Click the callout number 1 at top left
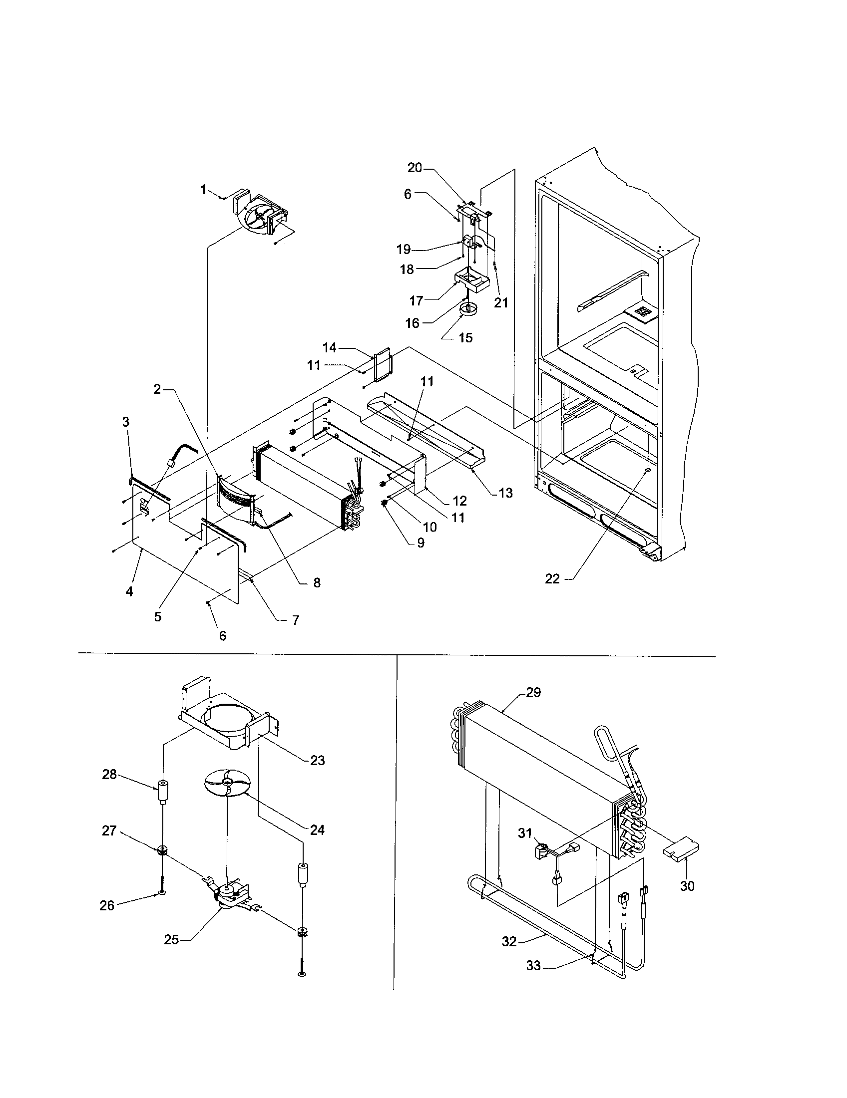pos(203,190)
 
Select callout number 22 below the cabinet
pos(552,579)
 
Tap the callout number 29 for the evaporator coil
pos(533,692)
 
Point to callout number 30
pos(687,886)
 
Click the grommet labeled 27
pos(162,851)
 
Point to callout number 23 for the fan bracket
pos(317,760)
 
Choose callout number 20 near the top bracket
pos(415,167)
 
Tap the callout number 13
pos(505,493)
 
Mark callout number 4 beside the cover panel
pos(129,592)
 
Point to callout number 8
pos(317,582)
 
